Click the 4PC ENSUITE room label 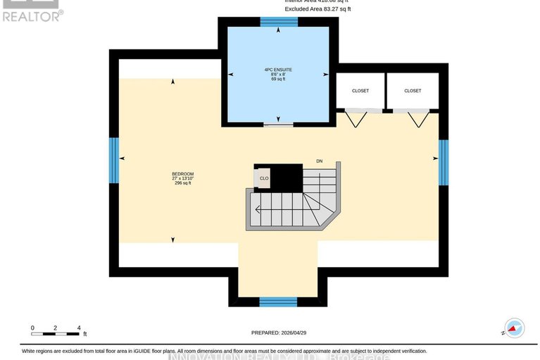tap(278, 70)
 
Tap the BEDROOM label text tap(182, 174)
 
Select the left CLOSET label tap(360, 91)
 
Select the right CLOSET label tap(413, 91)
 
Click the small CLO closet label tap(264, 178)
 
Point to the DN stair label tap(319, 162)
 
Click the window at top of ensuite tap(279, 21)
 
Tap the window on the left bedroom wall tap(113, 160)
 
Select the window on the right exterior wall tap(443, 162)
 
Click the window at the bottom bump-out tap(277, 302)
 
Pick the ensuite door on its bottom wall tap(278, 125)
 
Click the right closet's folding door tap(420, 117)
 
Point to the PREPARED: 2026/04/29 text tap(278, 333)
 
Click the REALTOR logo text tap(32, 14)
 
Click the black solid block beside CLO tap(287, 177)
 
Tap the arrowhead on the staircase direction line tap(258, 209)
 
